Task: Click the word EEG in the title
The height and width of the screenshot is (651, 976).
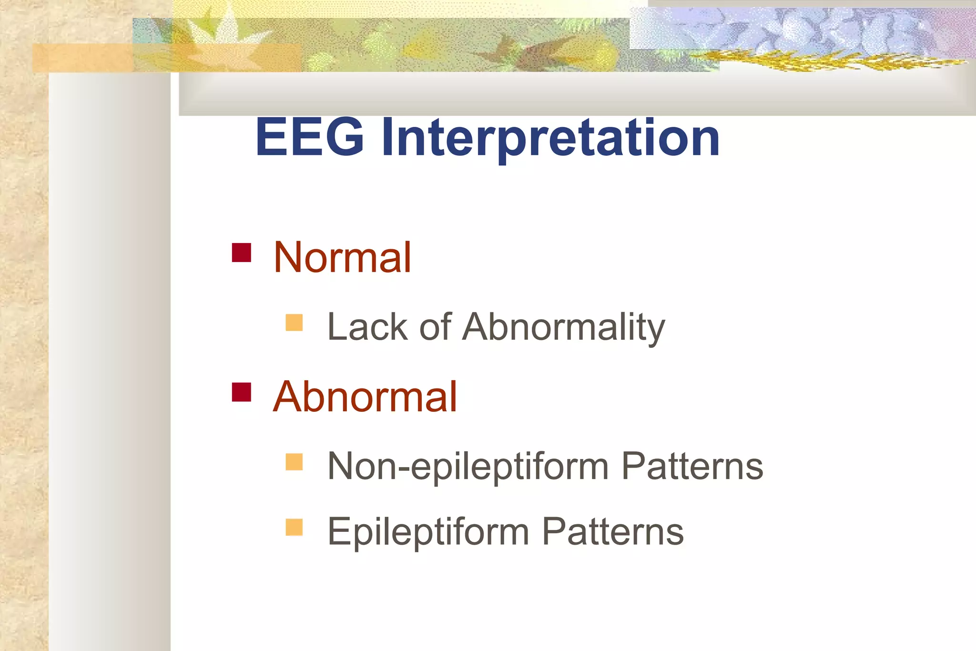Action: point(310,138)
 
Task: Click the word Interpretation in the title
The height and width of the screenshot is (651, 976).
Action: point(550,139)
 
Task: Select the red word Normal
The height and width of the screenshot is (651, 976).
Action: point(342,258)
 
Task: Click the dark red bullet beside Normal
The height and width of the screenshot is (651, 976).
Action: point(242,253)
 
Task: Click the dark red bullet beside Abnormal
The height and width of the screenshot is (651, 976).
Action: point(242,392)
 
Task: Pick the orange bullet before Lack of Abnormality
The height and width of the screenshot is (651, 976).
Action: point(294,323)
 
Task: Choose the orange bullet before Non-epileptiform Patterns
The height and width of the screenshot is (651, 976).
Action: point(294,462)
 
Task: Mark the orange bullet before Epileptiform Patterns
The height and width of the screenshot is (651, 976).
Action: point(294,528)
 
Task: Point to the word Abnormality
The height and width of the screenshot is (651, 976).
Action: point(563,328)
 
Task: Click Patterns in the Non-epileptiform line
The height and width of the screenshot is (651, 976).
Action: point(692,466)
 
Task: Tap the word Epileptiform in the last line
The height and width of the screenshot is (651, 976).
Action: point(428,532)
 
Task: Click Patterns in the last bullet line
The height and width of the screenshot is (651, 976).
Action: point(613,531)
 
